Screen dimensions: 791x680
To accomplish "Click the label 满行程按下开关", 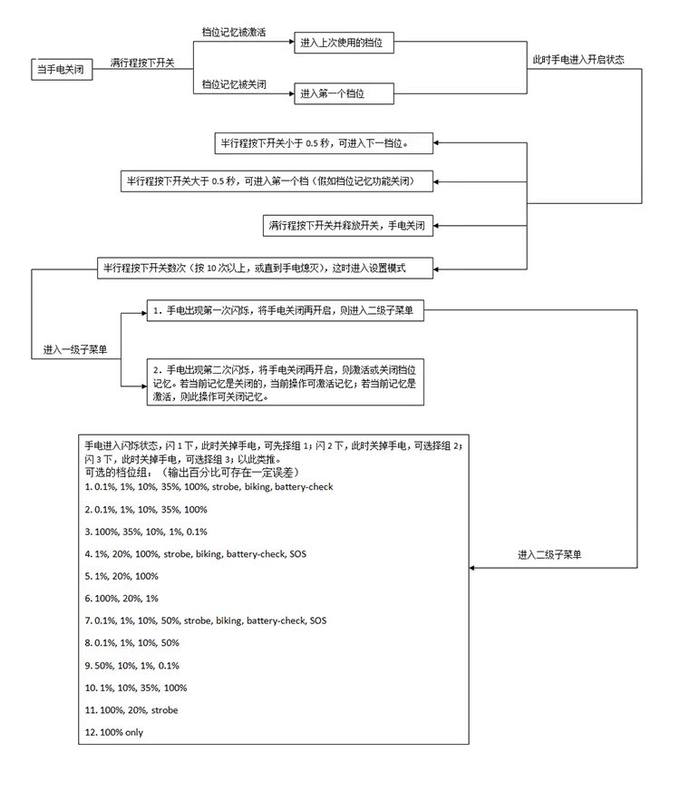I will [x=142, y=63].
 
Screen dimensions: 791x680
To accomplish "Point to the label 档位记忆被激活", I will [x=234, y=31].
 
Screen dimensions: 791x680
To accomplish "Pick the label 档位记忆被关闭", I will [x=234, y=83].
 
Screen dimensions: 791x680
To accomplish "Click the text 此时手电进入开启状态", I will [x=578, y=59].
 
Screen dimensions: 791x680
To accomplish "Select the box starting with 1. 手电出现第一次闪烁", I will [x=284, y=311].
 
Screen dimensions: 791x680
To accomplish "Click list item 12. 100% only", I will [x=113, y=732].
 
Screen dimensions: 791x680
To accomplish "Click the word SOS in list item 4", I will [x=296, y=553].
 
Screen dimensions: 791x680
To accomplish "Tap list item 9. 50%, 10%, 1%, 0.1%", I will [x=131, y=665].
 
